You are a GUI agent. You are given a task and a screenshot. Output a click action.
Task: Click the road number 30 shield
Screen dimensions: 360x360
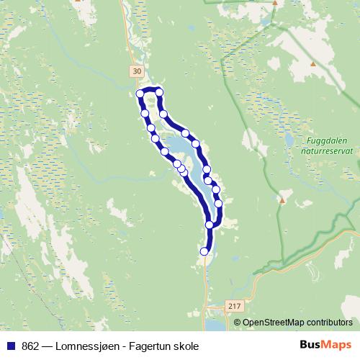pos(137,71)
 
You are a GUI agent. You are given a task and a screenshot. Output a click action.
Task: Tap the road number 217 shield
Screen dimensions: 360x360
pos(230,305)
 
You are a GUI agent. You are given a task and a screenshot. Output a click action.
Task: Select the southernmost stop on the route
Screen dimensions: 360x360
pos(205,251)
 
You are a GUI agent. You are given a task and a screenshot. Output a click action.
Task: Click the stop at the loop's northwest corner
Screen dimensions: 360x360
pos(140,93)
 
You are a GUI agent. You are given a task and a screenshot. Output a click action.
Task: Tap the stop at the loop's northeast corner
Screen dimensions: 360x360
pos(159,92)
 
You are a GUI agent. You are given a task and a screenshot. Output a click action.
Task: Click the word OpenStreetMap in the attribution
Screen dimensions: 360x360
pos(271,323)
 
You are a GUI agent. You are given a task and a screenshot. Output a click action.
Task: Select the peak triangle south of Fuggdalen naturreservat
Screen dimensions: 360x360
pos(283,200)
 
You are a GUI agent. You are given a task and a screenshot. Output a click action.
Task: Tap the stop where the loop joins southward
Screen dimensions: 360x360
pos(210,225)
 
